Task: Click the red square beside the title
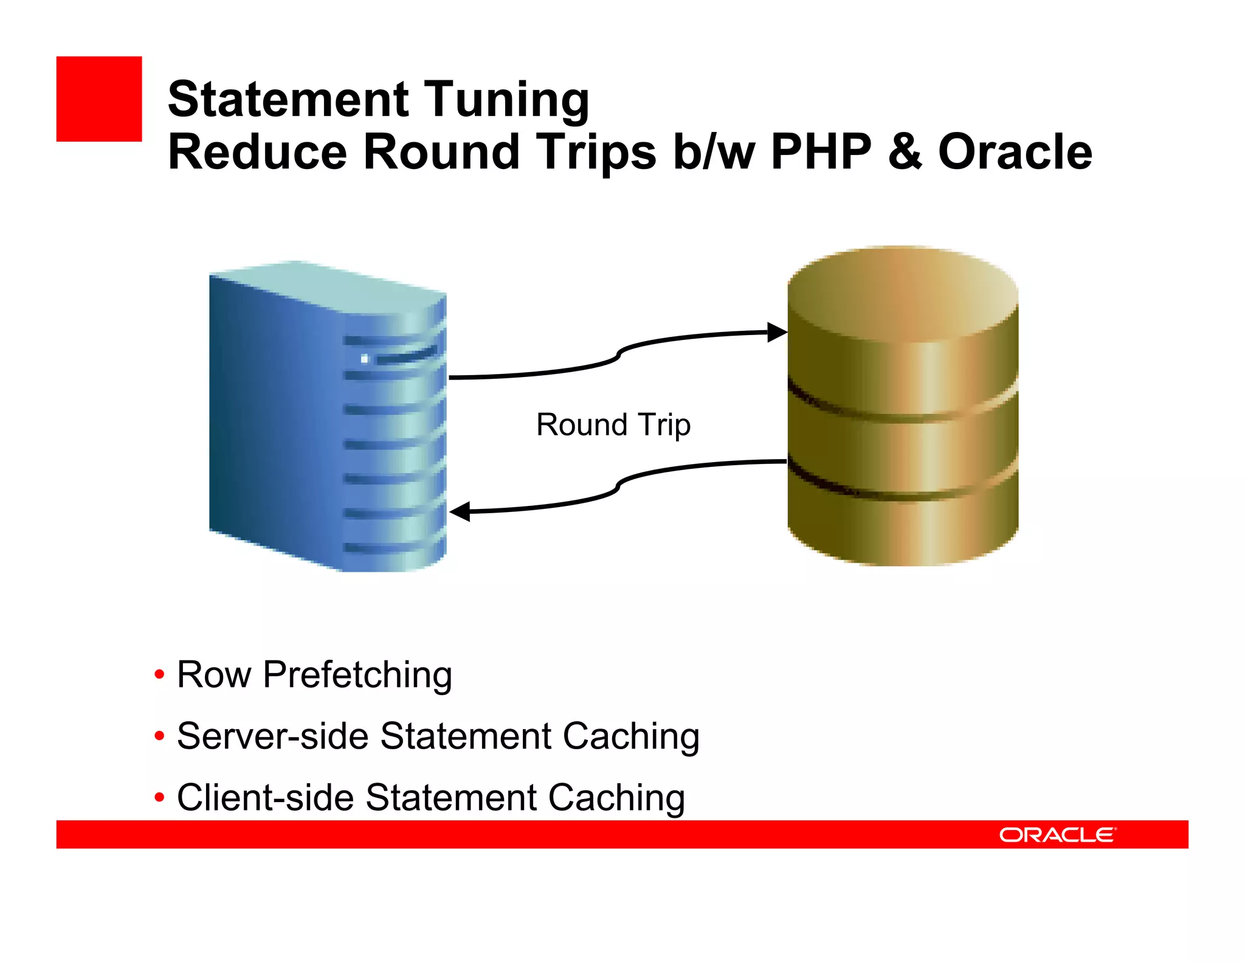(x=99, y=99)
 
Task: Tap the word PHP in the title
(x=821, y=152)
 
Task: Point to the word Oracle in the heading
(x=1015, y=152)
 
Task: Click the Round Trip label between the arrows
(x=613, y=424)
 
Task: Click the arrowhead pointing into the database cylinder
(x=777, y=333)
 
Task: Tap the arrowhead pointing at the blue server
(x=460, y=511)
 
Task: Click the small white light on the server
(x=364, y=359)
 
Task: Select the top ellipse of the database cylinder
(x=903, y=294)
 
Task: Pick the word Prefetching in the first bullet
(x=357, y=675)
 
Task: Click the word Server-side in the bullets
(x=272, y=736)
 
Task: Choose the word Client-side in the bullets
(x=265, y=798)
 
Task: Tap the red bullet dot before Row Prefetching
(x=159, y=674)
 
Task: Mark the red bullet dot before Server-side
(x=159, y=736)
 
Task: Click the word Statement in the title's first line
(x=288, y=100)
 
